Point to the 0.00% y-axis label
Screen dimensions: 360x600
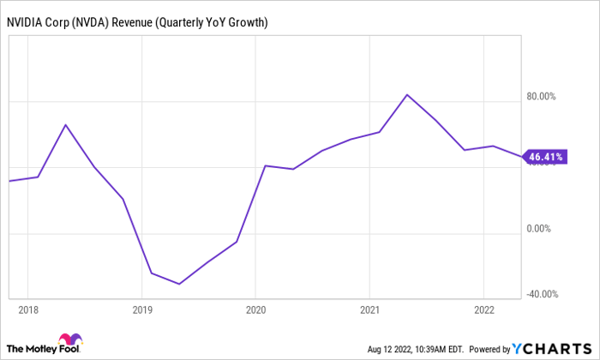coord(539,229)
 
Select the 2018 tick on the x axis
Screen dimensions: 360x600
coord(28,309)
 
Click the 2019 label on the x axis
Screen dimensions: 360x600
coord(142,309)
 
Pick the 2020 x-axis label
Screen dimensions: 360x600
coord(256,309)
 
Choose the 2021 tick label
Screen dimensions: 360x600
coord(369,309)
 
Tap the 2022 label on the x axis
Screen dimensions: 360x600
coord(483,309)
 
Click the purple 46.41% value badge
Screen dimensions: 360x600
coord(545,158)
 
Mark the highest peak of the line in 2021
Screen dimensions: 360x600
coord(407,94)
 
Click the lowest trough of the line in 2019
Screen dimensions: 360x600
coord(180,284)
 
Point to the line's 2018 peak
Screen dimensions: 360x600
coord(66,124)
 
